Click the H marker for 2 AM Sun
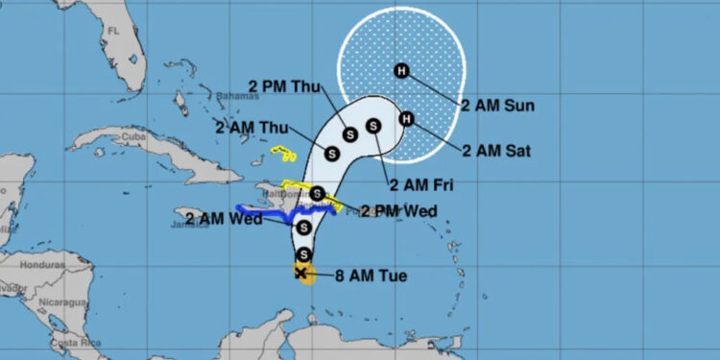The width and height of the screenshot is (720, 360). [401, 69]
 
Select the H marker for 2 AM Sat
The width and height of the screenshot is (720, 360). [406, 119]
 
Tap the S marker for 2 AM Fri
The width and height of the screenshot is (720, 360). [372, 124]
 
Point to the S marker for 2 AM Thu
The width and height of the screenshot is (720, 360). [333, 153]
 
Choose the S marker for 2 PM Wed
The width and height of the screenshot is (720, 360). [317, 193]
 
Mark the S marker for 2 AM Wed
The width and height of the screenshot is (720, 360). [303, 228]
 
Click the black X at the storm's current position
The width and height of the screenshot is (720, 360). [302, 274]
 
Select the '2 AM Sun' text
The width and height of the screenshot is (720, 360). [497, 105]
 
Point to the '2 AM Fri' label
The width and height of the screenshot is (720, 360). [420, 184]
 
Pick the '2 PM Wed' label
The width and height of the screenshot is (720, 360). [398, 210]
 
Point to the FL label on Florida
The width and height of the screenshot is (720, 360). [112, 32]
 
